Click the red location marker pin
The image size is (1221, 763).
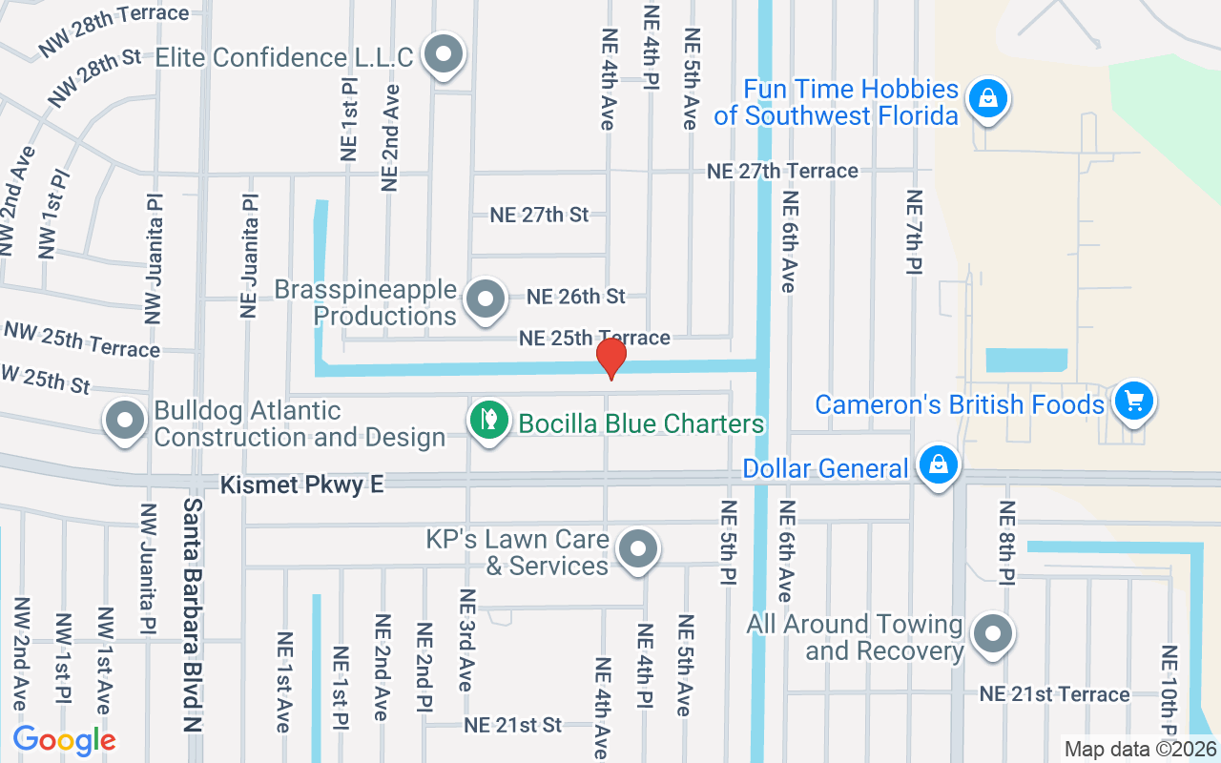click(610, 359)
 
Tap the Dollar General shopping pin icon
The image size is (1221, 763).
click(939, 465)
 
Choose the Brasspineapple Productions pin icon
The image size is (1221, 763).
click(486, 299)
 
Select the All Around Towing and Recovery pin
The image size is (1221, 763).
click(993, 633)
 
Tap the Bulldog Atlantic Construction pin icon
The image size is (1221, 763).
click(124, 420)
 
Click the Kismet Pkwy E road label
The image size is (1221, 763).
click(301, 485)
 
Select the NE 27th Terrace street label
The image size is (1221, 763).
click(782, 171)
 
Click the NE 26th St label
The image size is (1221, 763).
click(576, 297)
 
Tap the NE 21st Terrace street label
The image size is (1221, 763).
click(1054, 694)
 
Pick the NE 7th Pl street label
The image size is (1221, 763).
click(915, 233)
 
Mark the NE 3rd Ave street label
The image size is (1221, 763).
click(466, 639)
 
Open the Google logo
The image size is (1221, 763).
click(65, 740)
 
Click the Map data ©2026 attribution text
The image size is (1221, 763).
click(1140, 750)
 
